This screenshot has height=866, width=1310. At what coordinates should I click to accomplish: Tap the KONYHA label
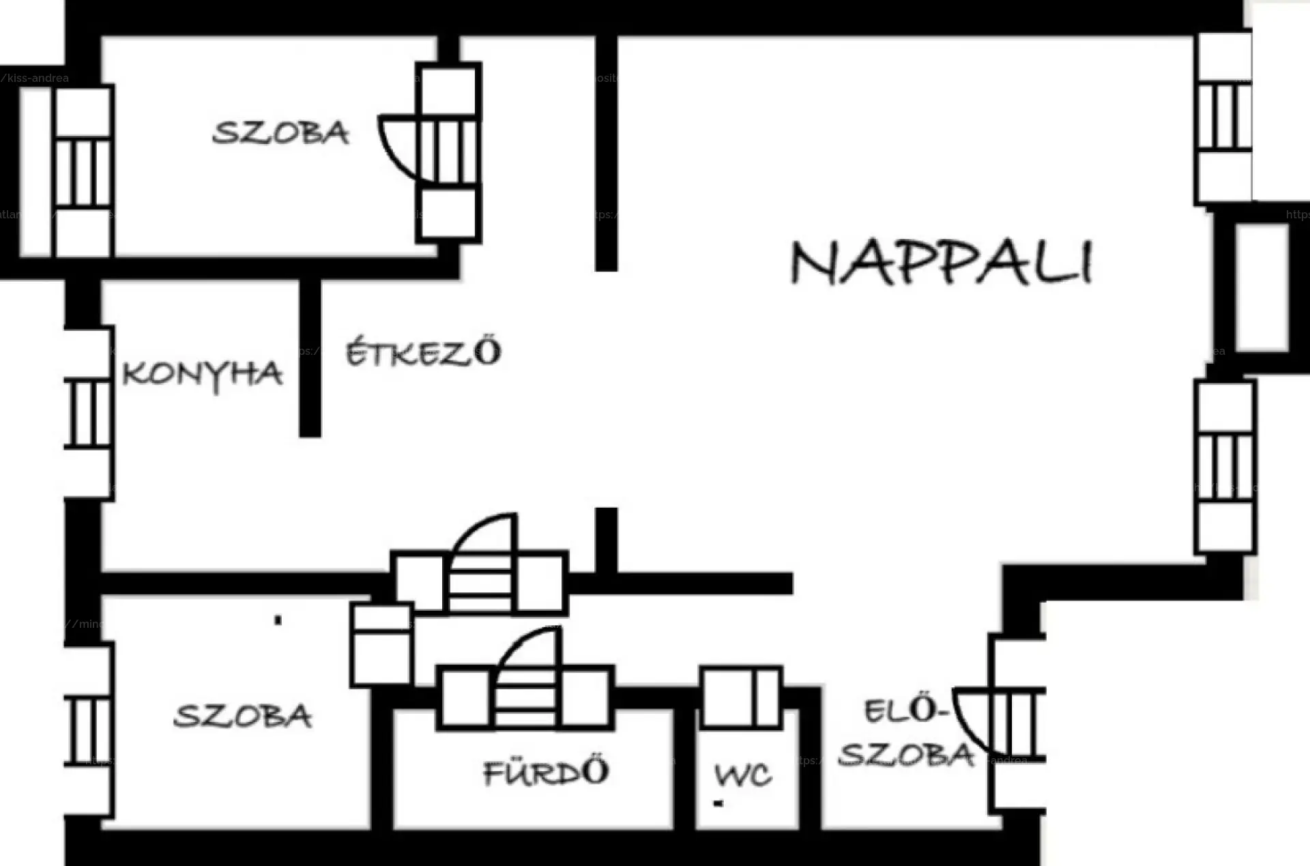point(202,374)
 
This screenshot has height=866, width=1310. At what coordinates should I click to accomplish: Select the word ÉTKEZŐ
point(423,352)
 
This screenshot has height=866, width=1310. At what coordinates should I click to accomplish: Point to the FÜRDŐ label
point(546,772)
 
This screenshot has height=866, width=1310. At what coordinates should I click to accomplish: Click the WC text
point(743,775)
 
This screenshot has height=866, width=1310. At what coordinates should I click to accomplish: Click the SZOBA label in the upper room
point(280,132)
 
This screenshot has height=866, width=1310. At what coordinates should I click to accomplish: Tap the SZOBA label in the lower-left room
point(243,716)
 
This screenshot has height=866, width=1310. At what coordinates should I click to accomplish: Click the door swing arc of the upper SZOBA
point(396,150)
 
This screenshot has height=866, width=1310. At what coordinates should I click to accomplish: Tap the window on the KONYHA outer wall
point(89,414)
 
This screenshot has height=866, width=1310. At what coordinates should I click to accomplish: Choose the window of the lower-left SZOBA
point(89,730)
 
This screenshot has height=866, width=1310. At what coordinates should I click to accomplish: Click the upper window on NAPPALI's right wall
point(1224,116)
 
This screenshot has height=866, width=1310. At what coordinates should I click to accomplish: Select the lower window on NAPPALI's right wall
point(1225,467)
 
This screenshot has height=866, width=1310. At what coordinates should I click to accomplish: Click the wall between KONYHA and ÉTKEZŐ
point(310,358)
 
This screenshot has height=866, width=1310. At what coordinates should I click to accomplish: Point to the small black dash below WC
point(718,804)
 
